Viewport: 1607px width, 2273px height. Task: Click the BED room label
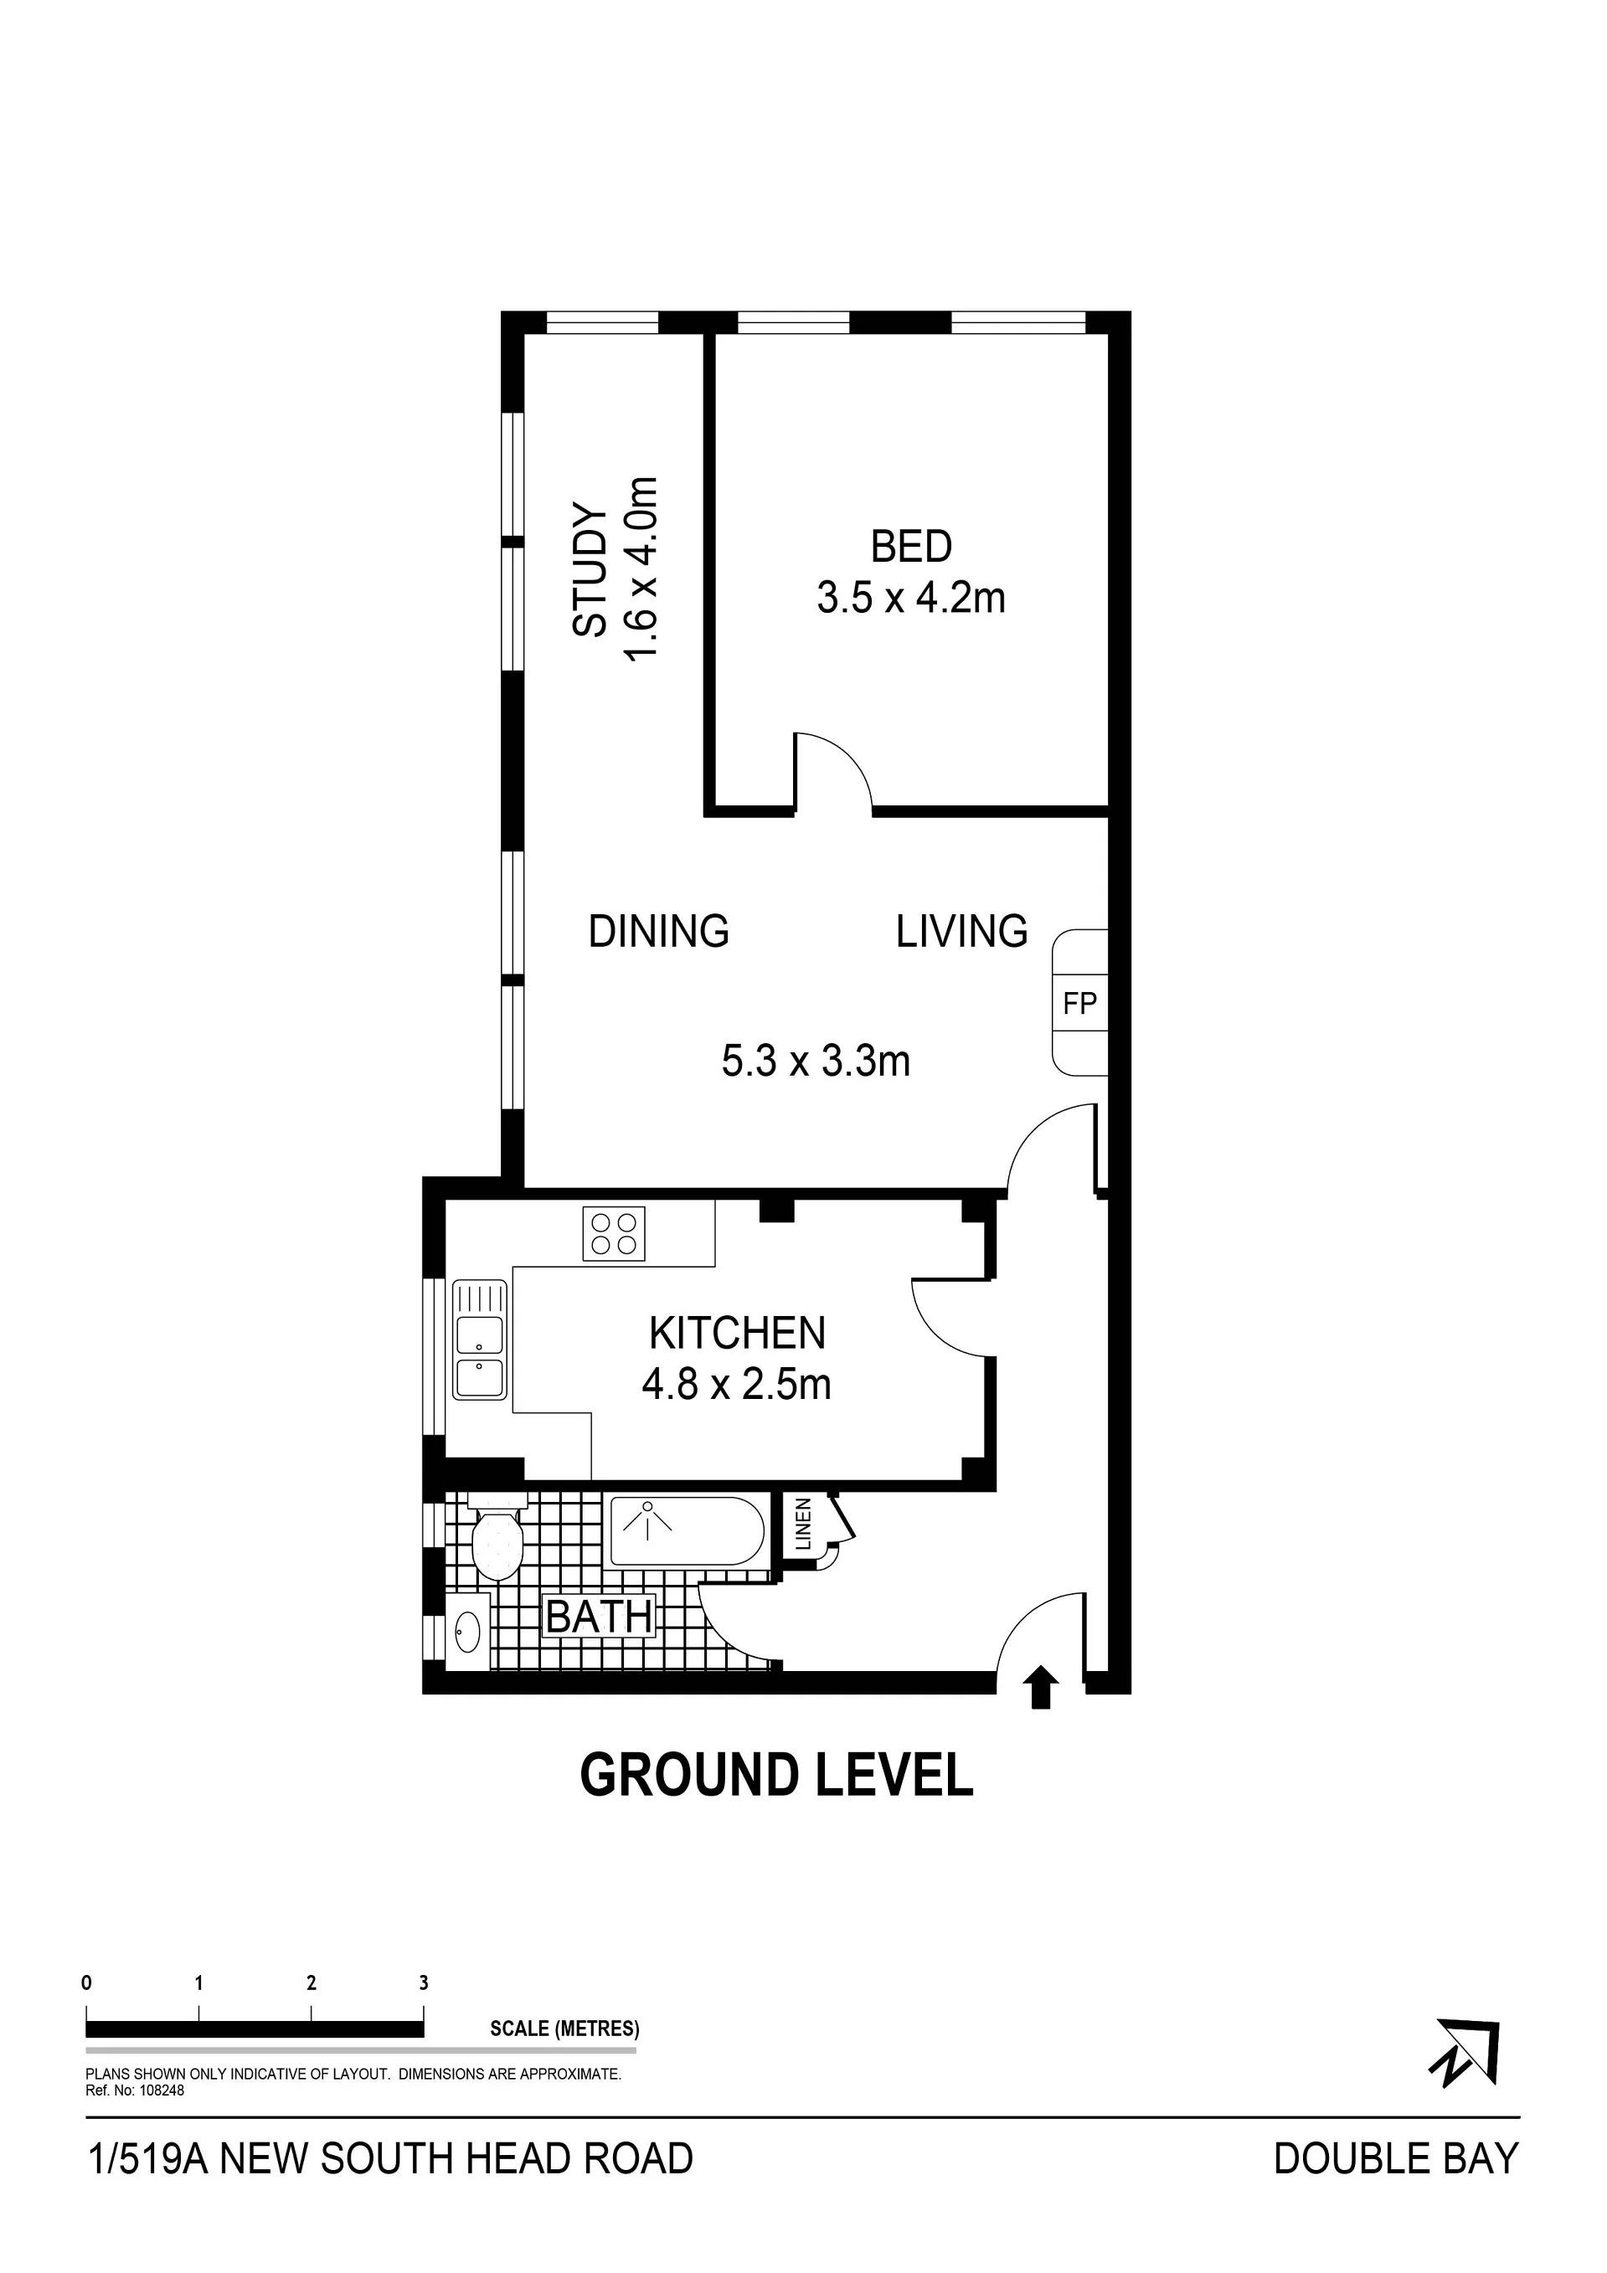click(x=911, y=547)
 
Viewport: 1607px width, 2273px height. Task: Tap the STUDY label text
click(x=590, y=570)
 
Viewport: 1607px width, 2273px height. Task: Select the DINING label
click(x=658, y=932)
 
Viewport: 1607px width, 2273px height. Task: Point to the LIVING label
click(x=961, y=932)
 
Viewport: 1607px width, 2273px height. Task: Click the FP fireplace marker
click(x=1079, y=1004)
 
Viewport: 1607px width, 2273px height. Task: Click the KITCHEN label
click(x=737, y=1333)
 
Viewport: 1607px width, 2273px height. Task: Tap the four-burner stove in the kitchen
click(x=614, y=1233)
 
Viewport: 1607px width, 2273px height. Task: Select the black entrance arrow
click(x=1039, y=1687)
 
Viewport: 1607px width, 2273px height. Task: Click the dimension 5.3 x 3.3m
click(x=816, y=1062)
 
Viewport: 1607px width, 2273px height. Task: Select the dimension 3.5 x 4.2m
click(x=911, y=598)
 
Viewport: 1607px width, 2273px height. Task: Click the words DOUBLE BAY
click(x=1396, y=2159)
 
